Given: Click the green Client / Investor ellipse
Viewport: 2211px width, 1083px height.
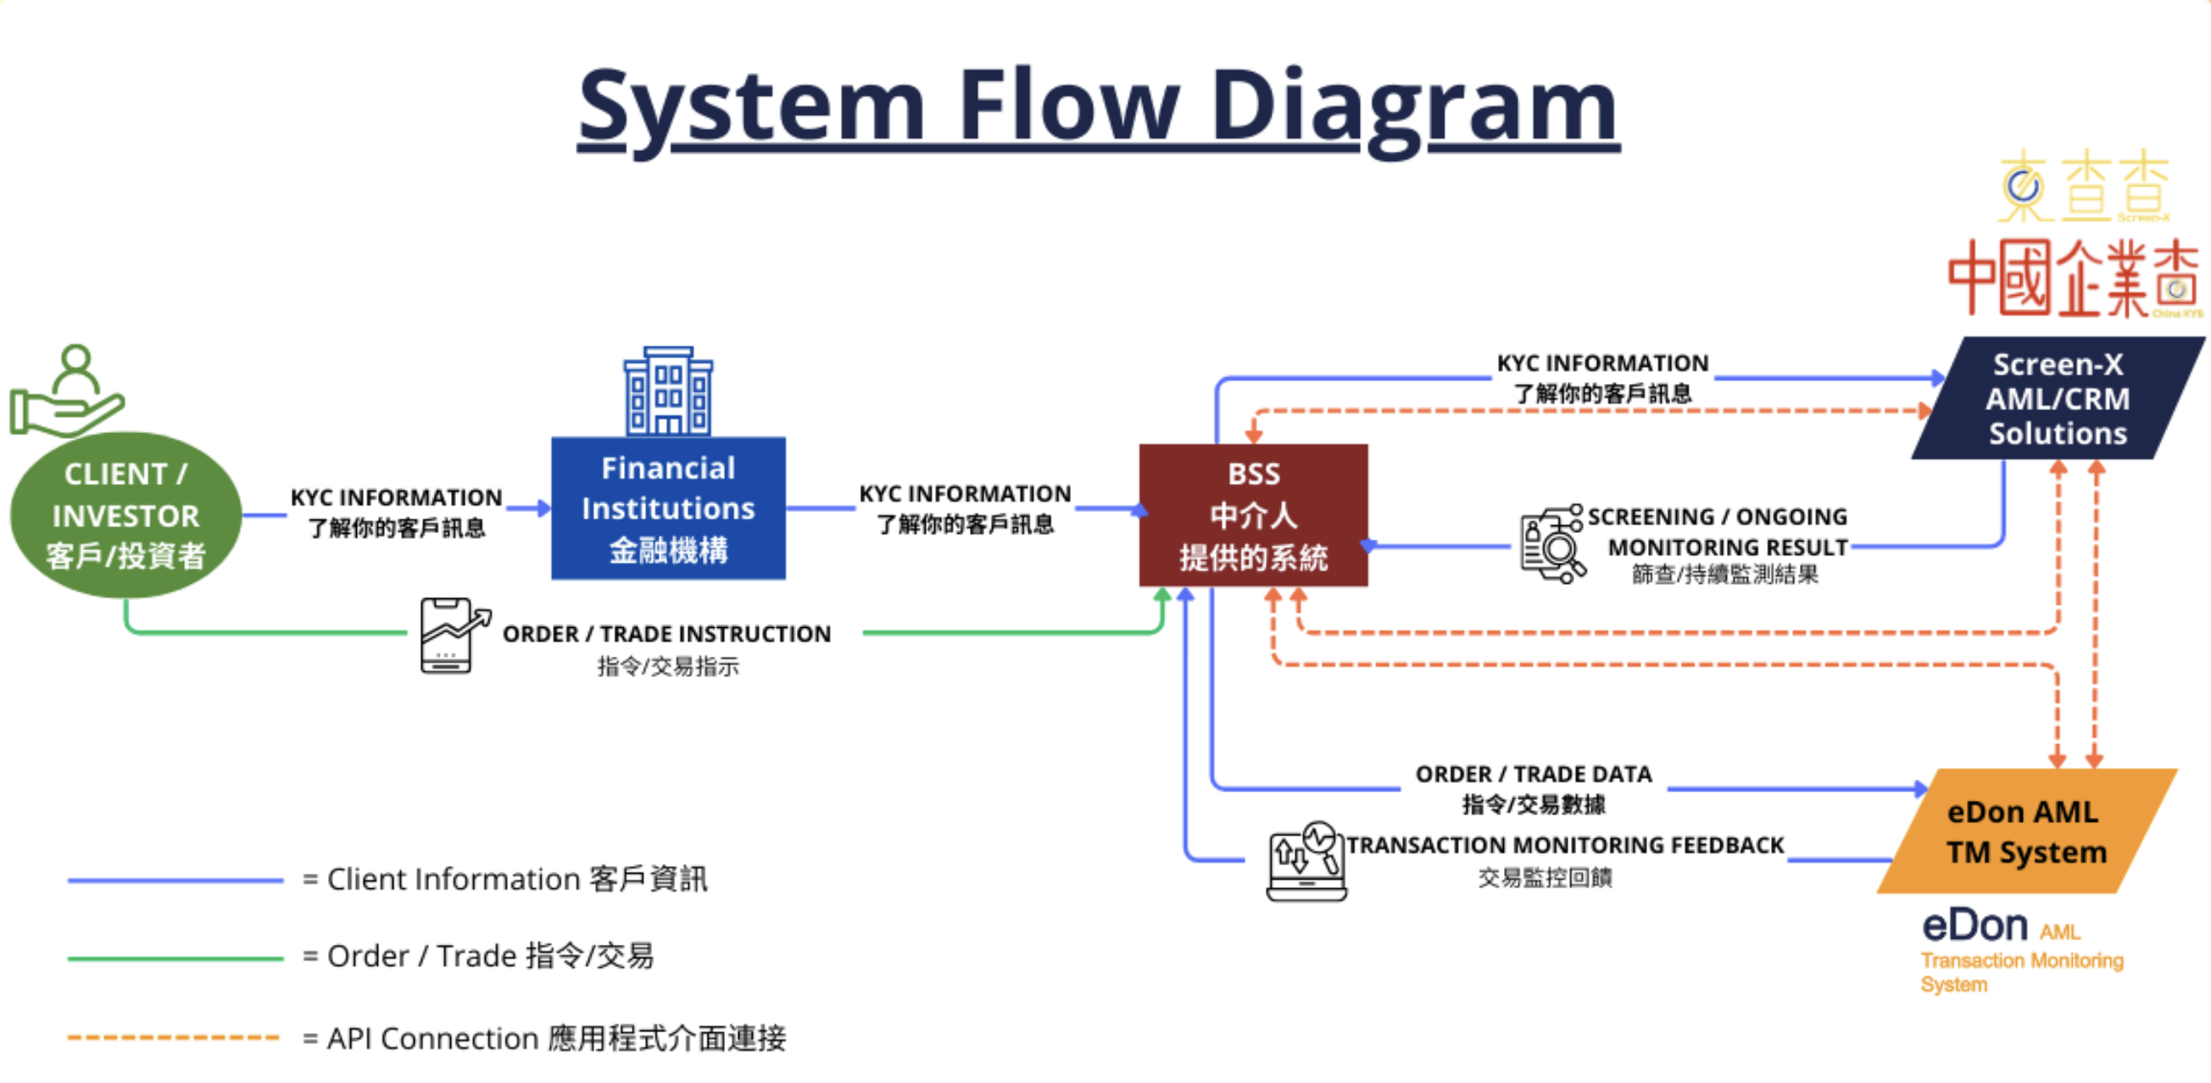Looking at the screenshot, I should (125, 515).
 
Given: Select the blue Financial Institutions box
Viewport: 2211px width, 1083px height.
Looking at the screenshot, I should (668, 508).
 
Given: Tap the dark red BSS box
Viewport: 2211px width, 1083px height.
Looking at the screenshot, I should (1253, 515).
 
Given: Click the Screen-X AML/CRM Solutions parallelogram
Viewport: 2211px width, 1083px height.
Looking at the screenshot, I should (2058, 398).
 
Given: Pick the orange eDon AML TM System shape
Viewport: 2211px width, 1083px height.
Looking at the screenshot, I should (2025, 831).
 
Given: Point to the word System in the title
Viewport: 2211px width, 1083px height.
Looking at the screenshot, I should (751, 107).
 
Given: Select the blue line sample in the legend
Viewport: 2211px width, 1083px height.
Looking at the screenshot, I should (175, 880).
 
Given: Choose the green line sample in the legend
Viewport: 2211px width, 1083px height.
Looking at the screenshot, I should (175, 958).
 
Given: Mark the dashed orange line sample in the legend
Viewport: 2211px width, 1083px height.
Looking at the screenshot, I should (175, 1037).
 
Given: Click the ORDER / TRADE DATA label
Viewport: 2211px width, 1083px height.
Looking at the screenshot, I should (1533, 774).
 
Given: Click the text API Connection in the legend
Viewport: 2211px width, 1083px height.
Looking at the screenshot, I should (433, 1038).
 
